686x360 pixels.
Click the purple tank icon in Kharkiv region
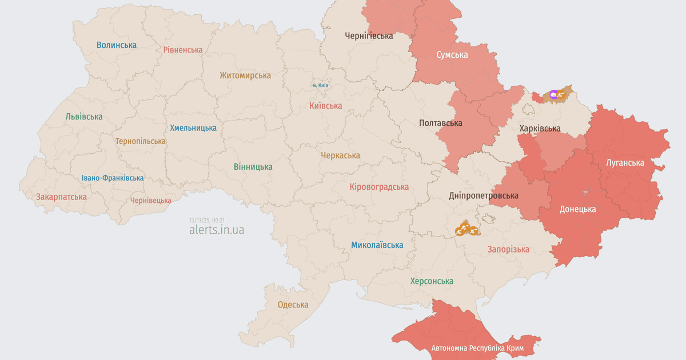(x=553, y=94)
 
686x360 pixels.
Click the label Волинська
(x=117, y=45)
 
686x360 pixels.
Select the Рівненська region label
(x=183, y=50)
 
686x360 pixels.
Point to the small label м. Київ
(x=320, y=85)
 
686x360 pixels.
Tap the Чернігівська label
(x=369, y=35)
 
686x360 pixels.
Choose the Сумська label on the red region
(x=452, y=55)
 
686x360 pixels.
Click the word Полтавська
(x=440, y=123)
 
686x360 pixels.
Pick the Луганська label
(x=625, y=163)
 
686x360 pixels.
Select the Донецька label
(x=577, y=209)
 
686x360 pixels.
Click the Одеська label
(x=293, y=305)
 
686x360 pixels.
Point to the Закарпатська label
(x=61, y=197)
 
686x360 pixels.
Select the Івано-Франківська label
(x=113, y=178)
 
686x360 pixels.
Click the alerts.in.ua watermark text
(x=217, y=230)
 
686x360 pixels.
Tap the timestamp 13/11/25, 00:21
(x=206, y=220)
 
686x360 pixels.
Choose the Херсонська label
(x=432, y=281)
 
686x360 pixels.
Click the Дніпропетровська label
(x=484, y=195)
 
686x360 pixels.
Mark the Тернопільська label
(x=141, y=141)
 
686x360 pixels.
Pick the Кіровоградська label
(x=379, y=187)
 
